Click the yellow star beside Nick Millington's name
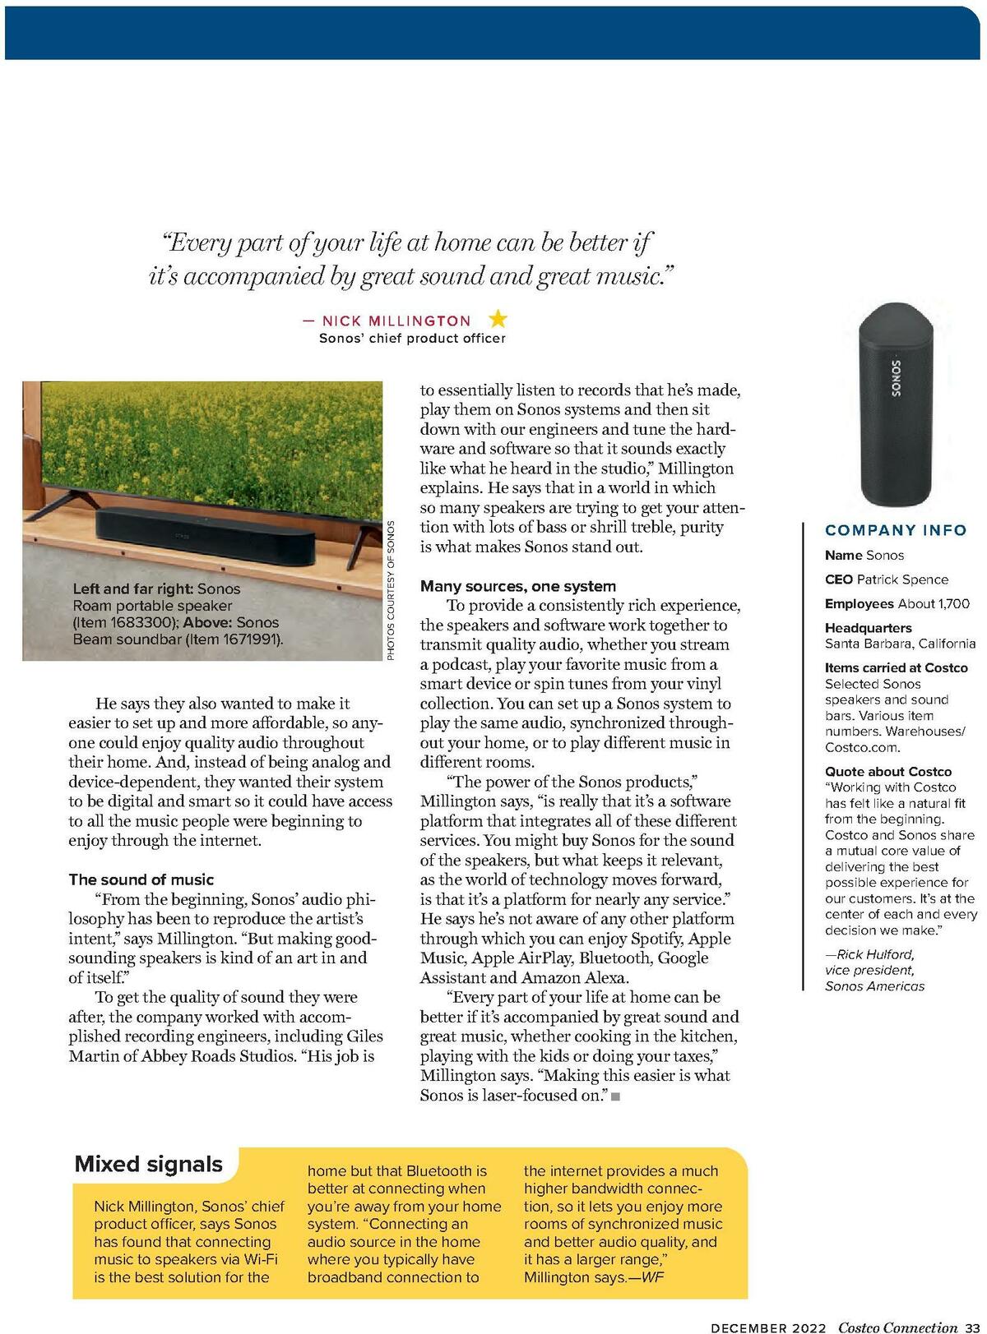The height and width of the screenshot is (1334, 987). (498, 319)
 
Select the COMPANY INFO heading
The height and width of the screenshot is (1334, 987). (896, 530)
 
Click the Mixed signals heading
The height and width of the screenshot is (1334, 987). (149, 1164)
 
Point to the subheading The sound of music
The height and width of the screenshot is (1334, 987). (141, 879)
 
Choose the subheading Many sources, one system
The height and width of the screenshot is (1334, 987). (518, 586)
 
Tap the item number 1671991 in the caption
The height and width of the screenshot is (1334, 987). (243, 639)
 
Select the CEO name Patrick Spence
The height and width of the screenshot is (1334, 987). (902, 579)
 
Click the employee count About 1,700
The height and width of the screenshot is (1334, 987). (934, 603)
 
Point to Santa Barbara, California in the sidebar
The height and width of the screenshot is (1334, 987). (900, 644)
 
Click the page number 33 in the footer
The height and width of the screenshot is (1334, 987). (972, 1327)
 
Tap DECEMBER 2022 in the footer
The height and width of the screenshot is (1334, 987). (768, 1327)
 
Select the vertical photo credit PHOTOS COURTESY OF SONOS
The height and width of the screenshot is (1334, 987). (391, 589)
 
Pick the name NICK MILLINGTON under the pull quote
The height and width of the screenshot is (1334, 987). (396, 321)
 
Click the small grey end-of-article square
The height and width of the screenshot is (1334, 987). (615, 1096)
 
